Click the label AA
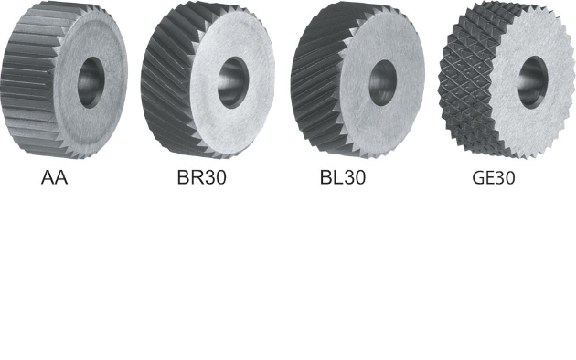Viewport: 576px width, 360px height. pyautogui.click(x=54, y=177)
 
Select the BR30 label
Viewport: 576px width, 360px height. pyautogui.click(x=202, y=177)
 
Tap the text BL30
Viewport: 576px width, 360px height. pyautogui.click(x=343, y=177)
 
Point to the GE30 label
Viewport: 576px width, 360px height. pyautogui.click(x=494, y=177)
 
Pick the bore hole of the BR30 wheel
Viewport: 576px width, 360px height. pyautogui.click(x=233, y=82)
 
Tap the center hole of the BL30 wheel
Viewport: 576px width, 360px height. pyautogui.click(x=382, y=83)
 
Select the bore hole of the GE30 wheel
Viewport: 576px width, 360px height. pyautogui.click(x=533, y=82)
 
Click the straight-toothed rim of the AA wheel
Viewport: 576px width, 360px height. pyautogui.click(x=29, y=80)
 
